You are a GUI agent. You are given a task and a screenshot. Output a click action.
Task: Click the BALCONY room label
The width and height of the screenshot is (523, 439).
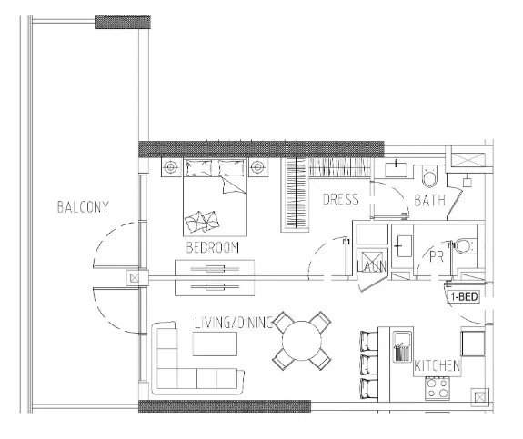coord(83,206)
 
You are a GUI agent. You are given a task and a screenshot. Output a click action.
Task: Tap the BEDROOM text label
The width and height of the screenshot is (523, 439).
coord(212,247)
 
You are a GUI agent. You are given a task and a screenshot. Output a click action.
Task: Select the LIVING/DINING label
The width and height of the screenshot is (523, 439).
coord(234,323)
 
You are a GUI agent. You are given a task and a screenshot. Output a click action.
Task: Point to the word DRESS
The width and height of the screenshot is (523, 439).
coord(341,199)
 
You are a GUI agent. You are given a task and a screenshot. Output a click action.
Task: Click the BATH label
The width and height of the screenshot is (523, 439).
coord(429,201)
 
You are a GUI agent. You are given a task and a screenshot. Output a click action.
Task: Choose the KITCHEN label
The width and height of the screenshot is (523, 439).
coord(437,366)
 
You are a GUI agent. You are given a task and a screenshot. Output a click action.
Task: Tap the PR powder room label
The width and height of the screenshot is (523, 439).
coord(437,256)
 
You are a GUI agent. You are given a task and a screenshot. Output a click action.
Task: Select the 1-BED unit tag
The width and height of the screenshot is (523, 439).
coord(464,296)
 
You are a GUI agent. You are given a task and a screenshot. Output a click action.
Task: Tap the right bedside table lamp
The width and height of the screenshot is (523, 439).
coord(257,167)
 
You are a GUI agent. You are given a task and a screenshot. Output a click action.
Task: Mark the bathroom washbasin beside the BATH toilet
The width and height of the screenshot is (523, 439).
coord(397,169)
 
